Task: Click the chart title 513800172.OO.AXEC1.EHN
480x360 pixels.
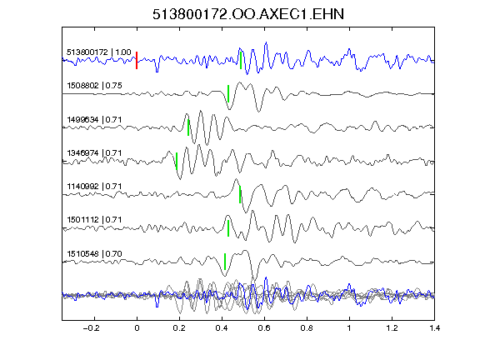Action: pos(248,14)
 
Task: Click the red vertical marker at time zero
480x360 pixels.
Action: pos(137,60)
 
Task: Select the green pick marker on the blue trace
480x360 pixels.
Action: pos(241,60)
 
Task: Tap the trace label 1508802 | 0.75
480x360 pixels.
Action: pos(94,85)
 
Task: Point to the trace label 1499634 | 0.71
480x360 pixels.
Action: pos(94,119)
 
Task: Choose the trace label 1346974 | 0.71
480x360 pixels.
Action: pos(94,152)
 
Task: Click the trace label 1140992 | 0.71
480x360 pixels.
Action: pos(94,186)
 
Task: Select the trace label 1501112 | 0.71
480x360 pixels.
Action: pos(94,219)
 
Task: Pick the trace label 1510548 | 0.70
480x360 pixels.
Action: pos(94,254)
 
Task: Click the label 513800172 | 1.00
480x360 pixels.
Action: pos(98,52)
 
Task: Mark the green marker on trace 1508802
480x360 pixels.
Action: pos(228,93)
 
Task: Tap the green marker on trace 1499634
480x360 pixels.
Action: pos(188,127)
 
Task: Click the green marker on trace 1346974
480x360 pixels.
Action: pos(177,161)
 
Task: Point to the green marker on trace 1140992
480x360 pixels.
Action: pos(240,194)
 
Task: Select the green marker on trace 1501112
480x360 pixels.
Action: pos(228,228)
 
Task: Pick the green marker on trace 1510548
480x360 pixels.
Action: pos(225,262)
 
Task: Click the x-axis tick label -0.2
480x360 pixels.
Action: pos(91,328)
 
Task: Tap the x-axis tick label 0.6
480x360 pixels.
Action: pos(264,328)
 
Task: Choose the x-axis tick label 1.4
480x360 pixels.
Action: pos(434,328)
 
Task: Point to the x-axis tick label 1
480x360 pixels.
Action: pos(349,328)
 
